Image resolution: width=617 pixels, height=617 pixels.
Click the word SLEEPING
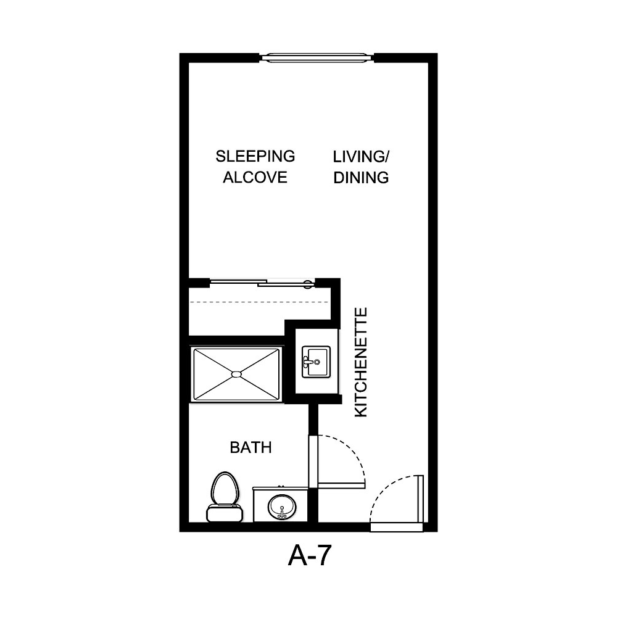click(x=255, y=156)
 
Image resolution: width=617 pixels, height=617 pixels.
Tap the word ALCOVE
click(x=255, y=178)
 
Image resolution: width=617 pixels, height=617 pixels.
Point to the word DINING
click(x=361, y=178)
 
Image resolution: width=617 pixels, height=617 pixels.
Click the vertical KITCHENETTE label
click(x=362, y=362)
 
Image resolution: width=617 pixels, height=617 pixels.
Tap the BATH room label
click(x=251, y=447)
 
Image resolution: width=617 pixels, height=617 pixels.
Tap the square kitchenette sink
click(x=317, y=362)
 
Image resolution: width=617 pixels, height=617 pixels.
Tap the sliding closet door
click(x=262, y=283)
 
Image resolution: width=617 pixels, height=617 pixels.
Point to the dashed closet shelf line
click(x=259, y=302)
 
